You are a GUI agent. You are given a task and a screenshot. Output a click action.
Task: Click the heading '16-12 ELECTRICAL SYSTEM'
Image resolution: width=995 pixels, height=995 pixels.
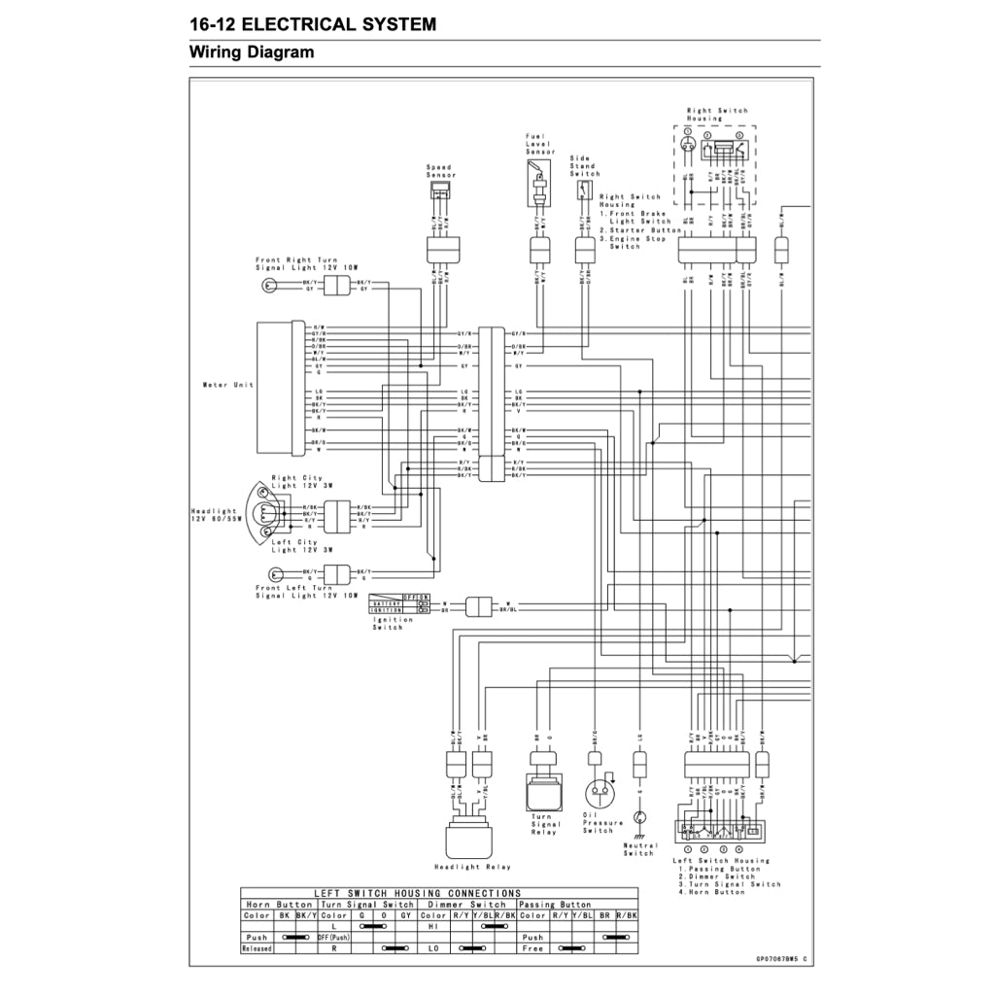312,24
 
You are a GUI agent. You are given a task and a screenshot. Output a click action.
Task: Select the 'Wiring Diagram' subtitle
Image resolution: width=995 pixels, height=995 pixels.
252,52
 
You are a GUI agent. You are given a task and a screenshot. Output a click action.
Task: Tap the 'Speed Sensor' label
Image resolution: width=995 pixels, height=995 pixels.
439,171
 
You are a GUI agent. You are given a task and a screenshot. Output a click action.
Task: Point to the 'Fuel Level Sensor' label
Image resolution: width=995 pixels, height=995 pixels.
540,144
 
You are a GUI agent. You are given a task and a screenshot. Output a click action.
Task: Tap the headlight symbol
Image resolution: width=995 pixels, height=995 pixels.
265,514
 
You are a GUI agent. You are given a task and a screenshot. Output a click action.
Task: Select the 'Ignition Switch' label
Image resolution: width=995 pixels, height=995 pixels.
387,623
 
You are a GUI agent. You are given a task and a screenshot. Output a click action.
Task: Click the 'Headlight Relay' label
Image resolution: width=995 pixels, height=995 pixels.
471,866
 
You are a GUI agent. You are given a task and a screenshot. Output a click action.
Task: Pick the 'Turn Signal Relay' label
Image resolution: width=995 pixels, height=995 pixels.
545,825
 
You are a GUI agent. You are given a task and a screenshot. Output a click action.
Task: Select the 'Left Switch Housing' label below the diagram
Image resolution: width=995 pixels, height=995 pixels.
721,861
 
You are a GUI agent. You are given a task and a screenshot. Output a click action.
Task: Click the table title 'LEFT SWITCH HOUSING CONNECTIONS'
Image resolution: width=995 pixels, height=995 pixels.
417,893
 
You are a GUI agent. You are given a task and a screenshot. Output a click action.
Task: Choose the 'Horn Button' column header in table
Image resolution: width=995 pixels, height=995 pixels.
280,904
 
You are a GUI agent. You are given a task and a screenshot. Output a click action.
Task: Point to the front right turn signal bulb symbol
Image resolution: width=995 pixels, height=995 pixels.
268,286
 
